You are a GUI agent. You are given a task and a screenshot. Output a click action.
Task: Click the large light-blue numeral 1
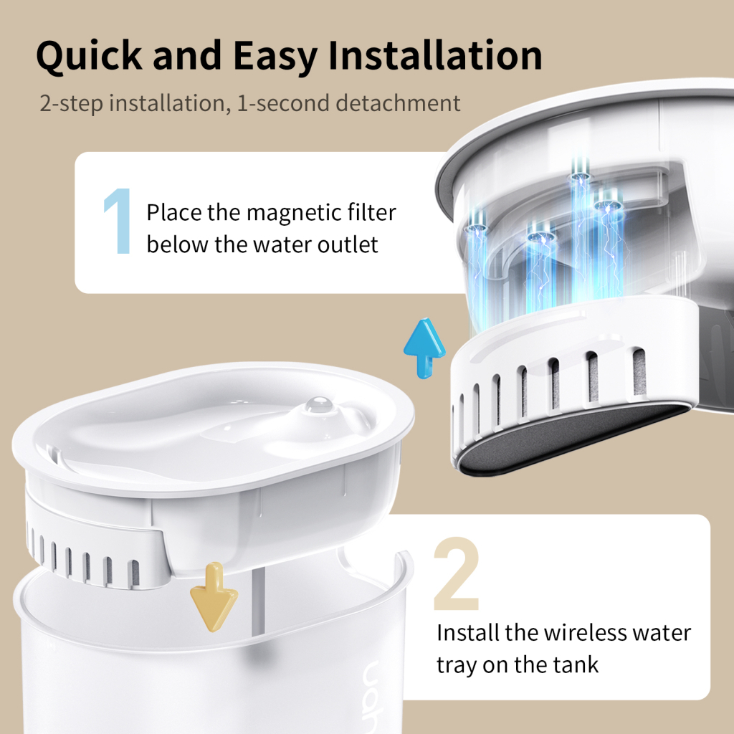coord(117,221)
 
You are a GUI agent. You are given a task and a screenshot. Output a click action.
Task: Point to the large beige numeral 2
coord(456,578)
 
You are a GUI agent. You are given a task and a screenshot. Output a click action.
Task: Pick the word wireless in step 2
coord(578,633)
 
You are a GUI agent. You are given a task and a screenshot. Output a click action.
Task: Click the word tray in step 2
coord(457,665)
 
